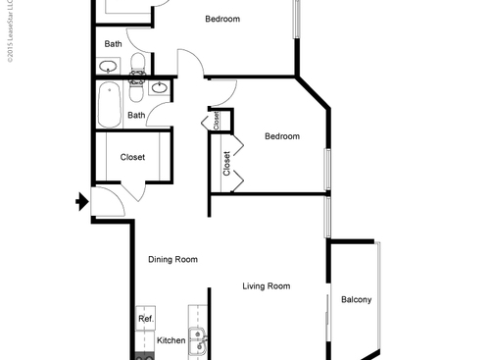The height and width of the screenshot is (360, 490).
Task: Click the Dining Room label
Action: (x=172, y=260)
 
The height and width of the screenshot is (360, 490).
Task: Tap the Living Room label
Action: (x=267, y=286)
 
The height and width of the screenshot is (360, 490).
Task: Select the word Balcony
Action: (x=356, y=299)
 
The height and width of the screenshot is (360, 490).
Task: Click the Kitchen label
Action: (x=171, y=340)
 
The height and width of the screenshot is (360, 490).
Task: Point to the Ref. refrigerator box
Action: (x=146, y=319)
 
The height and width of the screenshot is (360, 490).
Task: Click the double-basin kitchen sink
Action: (x=200, y=342)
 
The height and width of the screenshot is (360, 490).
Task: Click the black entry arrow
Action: (x=81, y=203)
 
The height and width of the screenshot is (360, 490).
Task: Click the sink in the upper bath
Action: (x=109, y=67)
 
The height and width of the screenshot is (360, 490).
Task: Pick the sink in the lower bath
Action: (x=159, y=86)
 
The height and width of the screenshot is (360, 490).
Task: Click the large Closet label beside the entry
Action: (x=132, y=157)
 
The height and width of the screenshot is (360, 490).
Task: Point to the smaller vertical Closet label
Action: (x=216, y=120)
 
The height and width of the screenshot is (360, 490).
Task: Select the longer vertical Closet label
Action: (x=227, y=163)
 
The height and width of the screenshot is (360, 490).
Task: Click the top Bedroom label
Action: (x=222, y=20)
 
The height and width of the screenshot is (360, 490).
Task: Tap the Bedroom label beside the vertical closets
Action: (x=282, y=136)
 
